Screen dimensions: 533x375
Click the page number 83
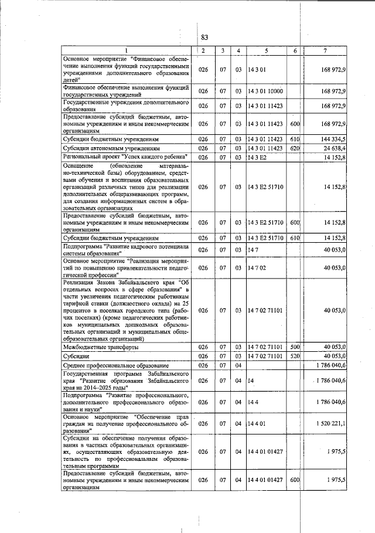click(x=205, y=38)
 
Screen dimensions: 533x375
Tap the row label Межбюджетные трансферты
click(x=100, y=347)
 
